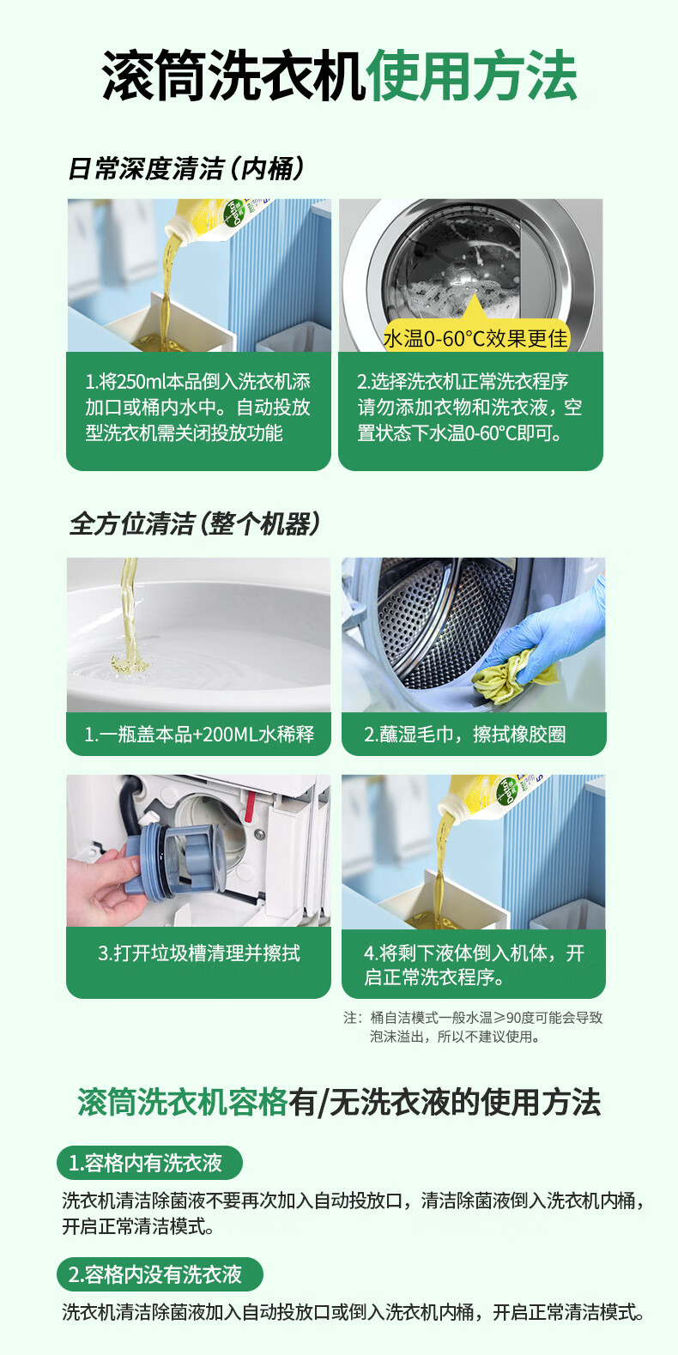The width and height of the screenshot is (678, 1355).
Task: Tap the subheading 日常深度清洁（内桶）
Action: [185, 169]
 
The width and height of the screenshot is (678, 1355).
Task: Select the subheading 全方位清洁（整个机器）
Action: [194, 523]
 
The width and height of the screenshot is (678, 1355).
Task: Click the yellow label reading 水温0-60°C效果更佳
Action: [476, 339]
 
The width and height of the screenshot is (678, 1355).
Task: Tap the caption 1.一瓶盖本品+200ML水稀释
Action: [199, 735]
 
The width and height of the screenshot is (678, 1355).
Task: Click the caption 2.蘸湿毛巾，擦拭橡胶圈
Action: [464, 735]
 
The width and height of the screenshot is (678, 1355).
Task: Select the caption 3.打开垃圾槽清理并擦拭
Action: [199, 953]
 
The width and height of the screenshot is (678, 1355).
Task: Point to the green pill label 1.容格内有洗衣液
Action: [149, 1163]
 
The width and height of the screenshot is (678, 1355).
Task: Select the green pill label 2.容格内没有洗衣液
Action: [160, 1274]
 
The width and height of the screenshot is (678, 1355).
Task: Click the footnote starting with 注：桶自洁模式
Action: [473, 1027]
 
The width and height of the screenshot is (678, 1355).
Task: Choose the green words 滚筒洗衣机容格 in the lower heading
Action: [182, 1102]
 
